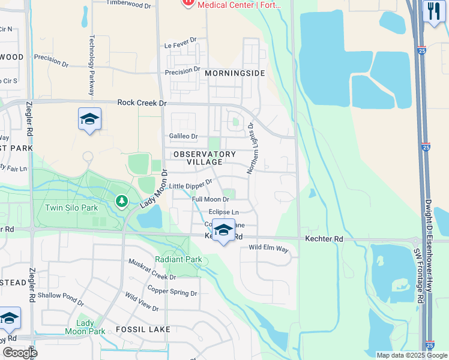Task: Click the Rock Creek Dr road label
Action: tap(142, 103)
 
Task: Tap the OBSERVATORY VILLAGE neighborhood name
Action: tap(204, 158)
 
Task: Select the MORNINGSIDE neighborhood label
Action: tap(235, 73)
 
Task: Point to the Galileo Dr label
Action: tap(183, 136)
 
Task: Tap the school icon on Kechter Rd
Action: tap(223, 230)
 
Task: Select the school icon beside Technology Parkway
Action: tap(89, 119)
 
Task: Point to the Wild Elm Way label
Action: tap(268, 247)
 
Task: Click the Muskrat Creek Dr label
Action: tap(153, 269)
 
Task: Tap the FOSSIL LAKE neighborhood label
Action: tap(143, 329)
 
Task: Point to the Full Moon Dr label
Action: tap(210, 199)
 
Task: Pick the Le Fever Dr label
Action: tap(181, 46)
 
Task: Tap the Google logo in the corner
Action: tap(20, 353)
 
